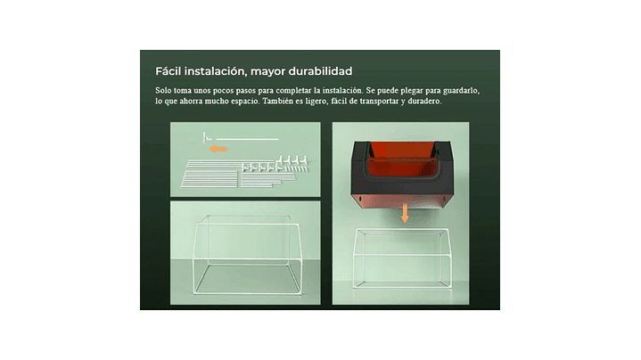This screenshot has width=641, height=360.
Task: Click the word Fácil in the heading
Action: tap(168, 71)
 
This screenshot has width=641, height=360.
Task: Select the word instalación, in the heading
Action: tap(216, 71)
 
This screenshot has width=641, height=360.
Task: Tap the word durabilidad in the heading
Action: tap(320, 71)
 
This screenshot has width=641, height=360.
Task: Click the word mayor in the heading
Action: tap(267, 72)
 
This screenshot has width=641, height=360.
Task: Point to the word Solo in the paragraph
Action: tap(163, 90)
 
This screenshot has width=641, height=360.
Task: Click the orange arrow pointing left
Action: tap(218, 149)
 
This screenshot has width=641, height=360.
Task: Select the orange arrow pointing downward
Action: tap(405, 213)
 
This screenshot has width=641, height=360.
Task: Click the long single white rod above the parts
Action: tap(247, 139)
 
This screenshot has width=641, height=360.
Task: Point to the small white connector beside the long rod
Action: tap(207, 137)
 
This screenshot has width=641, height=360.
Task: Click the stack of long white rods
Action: tap(210, 175)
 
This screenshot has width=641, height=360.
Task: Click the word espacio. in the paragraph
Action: tap(245, 102)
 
